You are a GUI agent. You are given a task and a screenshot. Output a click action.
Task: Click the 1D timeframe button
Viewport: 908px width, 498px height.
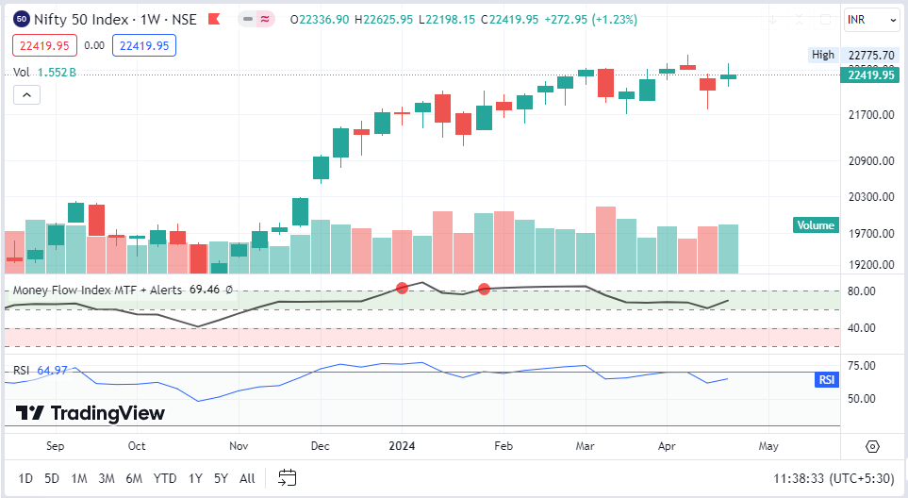[25, 478]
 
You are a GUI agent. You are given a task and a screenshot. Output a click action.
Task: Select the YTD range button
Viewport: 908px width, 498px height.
[165, 478]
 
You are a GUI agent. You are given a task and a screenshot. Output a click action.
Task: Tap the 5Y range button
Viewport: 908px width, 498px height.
[221, 478]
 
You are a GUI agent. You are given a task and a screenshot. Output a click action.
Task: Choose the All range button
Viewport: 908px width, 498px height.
[247, 478]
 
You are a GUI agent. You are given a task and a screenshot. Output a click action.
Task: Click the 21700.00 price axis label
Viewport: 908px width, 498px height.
[869, 115]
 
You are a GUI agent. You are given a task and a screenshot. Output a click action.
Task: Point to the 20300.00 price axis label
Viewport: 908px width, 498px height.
[869, 197]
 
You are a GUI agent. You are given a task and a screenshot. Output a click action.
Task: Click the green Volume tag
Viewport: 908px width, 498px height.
[816, 225]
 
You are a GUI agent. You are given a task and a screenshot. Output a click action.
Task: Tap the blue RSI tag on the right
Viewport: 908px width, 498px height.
[826, 379]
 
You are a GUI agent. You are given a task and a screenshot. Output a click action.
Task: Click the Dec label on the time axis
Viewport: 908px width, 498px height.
[320, 446]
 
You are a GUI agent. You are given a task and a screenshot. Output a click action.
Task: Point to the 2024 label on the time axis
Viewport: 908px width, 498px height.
[403, 446]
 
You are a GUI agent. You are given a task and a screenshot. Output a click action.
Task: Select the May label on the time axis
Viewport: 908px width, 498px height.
[768, 446]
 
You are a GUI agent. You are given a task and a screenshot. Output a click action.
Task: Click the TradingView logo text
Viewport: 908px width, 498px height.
[107, 413]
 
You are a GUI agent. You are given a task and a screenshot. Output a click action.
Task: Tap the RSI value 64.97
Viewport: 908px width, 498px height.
[52, 371]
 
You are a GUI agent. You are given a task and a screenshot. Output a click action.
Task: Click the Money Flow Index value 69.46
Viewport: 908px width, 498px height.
[205, 290]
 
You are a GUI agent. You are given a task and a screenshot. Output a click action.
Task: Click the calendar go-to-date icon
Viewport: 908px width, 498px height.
[288, 478]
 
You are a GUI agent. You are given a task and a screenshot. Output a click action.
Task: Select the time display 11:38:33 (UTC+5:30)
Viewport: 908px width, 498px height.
[833, 479]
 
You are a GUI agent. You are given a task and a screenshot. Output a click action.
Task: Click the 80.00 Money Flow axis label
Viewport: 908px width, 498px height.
[863, 291]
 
